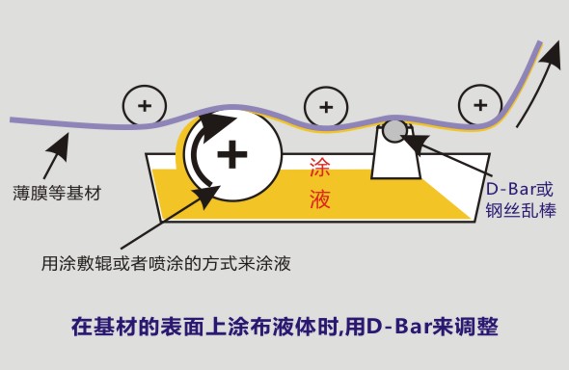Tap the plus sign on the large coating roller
(232, 154)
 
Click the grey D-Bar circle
(394, 131)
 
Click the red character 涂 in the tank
(319, 168)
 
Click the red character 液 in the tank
(319, 198)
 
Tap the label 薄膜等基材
(57, 193)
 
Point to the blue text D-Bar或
(519, 189)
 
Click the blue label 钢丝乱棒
(521, 210)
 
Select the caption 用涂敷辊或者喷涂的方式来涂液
(166, 263)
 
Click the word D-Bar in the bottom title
(398, 327)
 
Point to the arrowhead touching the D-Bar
(413, 141)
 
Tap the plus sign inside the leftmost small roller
(145, 106)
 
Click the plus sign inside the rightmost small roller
(480, 105)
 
